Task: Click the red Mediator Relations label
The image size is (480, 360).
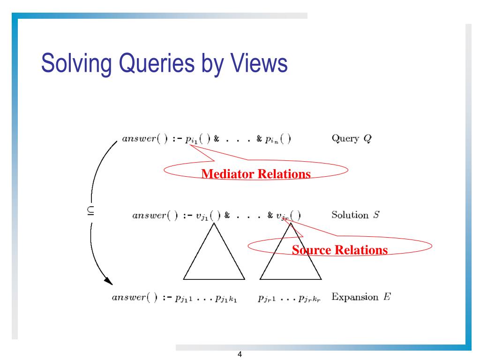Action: click(x=256, y=174)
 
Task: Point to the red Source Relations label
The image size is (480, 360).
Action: click(x=340, y=250)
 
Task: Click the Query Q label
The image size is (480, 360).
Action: click(x=352, y=139)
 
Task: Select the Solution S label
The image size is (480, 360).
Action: click(x=355, y=215)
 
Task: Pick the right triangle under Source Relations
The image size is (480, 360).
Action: click(x=291, y=260)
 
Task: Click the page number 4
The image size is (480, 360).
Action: click(x=240, y=354)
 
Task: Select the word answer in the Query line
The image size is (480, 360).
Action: click(x=139, y=139)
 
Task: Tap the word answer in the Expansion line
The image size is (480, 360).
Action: click(x=128, y=298)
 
